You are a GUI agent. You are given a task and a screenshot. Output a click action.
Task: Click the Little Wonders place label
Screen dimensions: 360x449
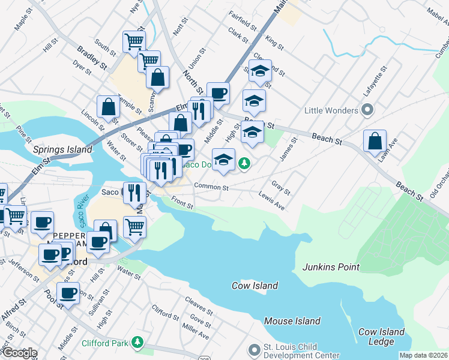[x=331, y=110]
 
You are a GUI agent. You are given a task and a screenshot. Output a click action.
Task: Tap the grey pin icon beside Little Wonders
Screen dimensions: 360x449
[x=368, y=110]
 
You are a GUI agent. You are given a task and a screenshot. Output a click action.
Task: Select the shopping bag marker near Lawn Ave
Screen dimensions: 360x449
[x=375, y=142]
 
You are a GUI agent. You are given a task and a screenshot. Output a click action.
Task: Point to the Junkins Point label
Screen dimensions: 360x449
[x=331, y=267]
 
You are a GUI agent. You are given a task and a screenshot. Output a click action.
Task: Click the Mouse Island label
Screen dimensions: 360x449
[x=292, y=321]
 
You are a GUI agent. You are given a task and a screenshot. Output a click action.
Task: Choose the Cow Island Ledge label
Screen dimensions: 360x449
[x=381, y=337]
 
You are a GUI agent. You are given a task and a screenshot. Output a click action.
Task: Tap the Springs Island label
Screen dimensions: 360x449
[x=56, y=149]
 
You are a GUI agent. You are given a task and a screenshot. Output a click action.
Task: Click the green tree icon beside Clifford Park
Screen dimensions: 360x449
[x=138, y=342]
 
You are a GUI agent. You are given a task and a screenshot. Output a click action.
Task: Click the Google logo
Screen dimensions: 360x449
[x=19, y=353]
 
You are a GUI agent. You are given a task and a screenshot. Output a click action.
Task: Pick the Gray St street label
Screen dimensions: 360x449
[x=281, y=188]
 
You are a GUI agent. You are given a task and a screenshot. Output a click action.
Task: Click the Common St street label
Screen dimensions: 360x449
[x=211, y=187]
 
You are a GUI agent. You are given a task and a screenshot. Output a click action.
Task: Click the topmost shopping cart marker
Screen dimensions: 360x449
[x=134, y=41]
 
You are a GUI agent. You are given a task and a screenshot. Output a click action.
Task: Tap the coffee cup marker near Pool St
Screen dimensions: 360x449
[x=69, y=294]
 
